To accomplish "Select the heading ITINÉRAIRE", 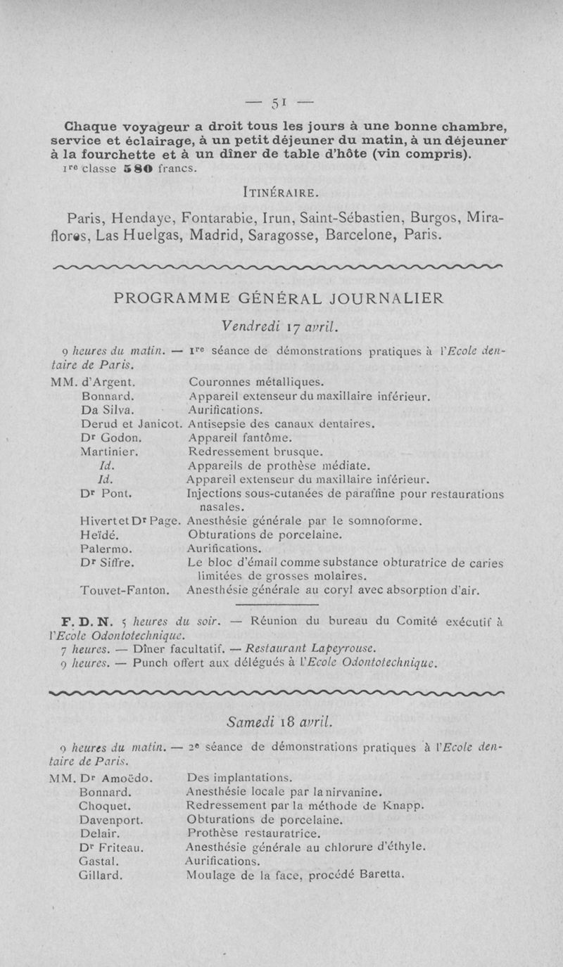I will (x=281, y=191).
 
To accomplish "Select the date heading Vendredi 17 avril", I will (x=280, y=326).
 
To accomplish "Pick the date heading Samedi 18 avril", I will (x=280, y=722).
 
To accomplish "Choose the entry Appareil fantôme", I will (x=235, y=438).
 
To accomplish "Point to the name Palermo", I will (x=104, y=548).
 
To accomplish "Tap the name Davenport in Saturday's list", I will (x=113, y=820).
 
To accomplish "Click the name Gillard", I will (x=102, y=876).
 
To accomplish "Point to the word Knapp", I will (x=403, y=806).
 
